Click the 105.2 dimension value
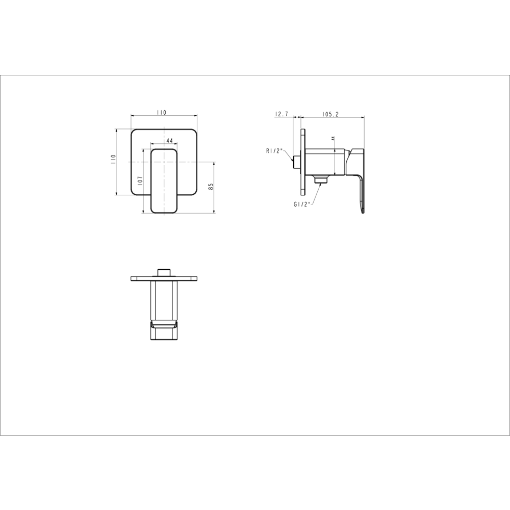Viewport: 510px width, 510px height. click(330, 114)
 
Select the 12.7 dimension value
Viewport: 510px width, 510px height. click(282, 114)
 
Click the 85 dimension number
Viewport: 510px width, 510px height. click(211, 187)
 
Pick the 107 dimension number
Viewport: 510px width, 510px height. click(140, 181)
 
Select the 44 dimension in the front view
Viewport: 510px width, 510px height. click(169, 141)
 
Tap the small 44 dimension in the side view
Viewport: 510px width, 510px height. click(333, 138)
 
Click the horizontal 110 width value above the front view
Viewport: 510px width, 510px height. click(161, 113)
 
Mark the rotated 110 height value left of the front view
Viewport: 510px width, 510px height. click(113, 160)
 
